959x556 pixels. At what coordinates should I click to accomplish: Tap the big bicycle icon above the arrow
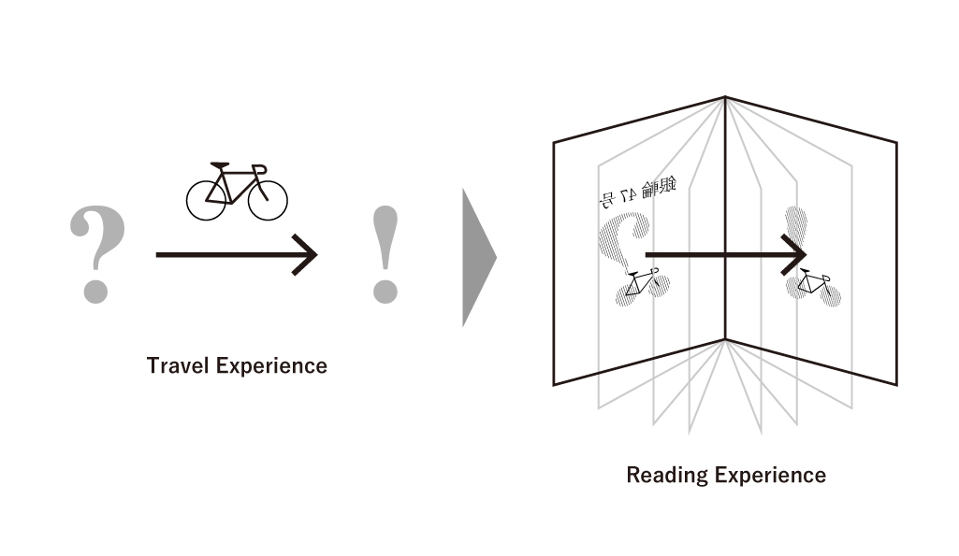[x=237, y=192]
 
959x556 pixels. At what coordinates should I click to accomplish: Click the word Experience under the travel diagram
[x=272, y=365]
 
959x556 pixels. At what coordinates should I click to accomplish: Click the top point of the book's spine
[x=725, y=97]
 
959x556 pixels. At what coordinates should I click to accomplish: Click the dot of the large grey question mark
[x=95, y=288]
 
